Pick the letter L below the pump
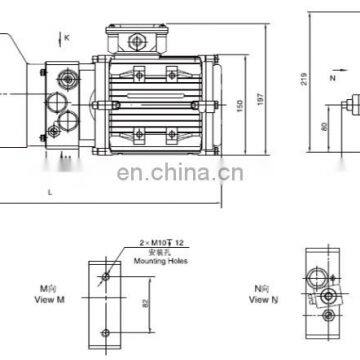pos(48,190)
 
